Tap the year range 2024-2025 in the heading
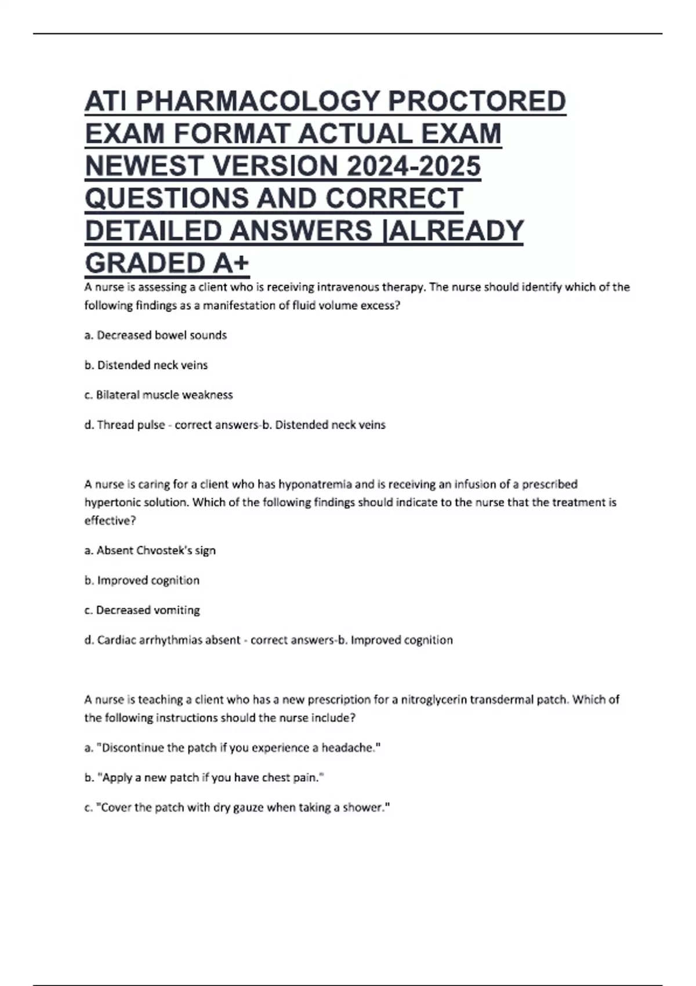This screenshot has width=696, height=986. [413, 166]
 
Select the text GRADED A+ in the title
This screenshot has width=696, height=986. [167, 264]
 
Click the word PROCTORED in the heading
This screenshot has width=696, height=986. [477, 101]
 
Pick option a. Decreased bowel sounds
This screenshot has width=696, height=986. [155, 335]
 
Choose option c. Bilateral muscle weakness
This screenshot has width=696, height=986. [158, 395]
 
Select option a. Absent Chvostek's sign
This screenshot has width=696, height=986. [150, 550]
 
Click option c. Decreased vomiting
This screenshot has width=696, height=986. [142, 610]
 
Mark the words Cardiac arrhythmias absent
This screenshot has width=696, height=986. [169, 640]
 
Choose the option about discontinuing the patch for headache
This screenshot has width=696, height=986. [233, 748]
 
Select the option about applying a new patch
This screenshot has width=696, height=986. [204, 778]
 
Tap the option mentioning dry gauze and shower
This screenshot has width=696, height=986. [237, 807]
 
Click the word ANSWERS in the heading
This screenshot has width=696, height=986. [301, 231]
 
